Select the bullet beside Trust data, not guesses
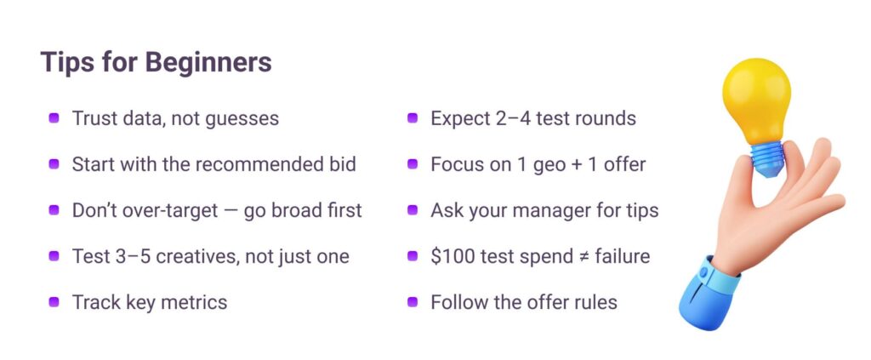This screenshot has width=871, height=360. click(x=54, y=117)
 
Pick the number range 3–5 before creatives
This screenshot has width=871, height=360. click(x=110, y=256)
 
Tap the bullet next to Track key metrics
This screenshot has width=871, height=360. click(x=54, y=302)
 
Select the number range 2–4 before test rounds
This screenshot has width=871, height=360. click(x=500, y=117)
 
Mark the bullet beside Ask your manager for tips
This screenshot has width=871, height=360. click(x=413, y=210)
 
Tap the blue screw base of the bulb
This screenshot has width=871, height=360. click(x=767, y=157)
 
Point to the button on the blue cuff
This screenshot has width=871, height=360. click(x=703, y=272)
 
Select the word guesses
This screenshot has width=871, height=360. click(x=242, y=119)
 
